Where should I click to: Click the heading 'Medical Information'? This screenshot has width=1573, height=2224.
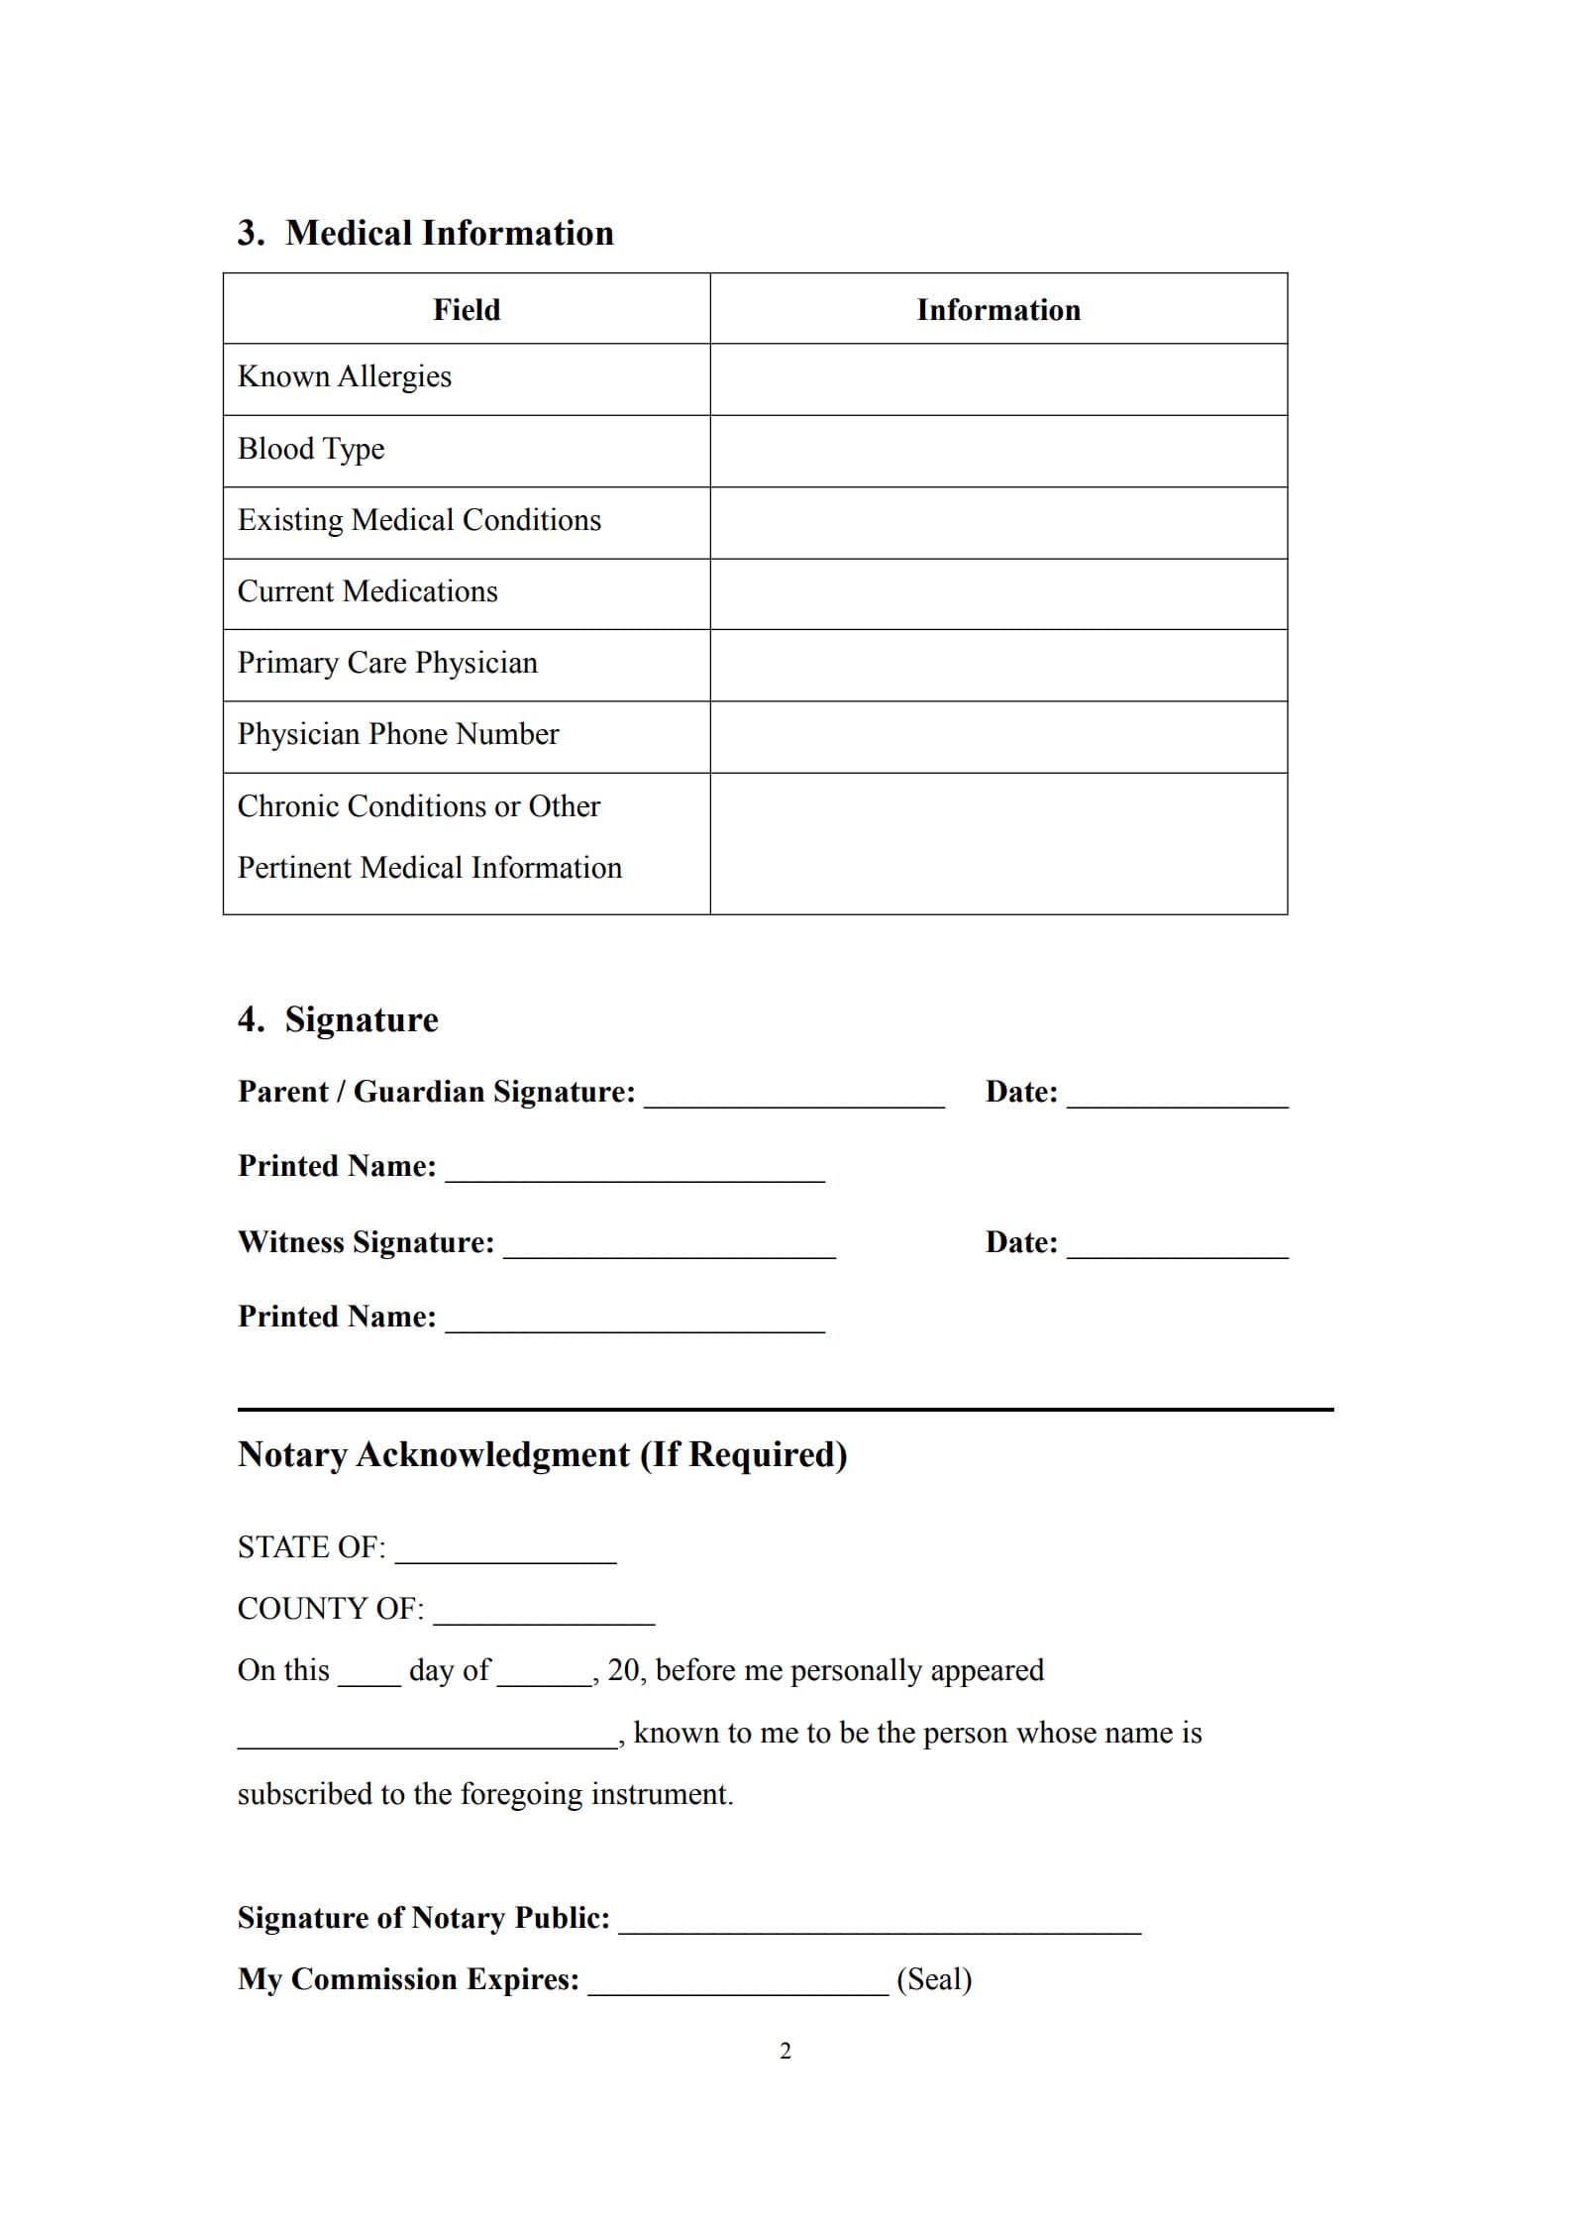(x=449, y=234)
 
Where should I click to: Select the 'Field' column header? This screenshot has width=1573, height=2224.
(x=467, y=310)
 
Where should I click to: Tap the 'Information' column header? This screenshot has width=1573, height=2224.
(x=998, y=310)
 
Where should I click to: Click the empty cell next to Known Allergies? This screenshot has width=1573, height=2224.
(x=998, y=379)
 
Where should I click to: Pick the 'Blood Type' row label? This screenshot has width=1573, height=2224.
(x=311, y=450)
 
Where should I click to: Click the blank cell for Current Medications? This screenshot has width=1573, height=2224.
(x=998, y=594)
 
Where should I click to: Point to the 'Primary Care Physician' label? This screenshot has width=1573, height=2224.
(x=387, y=664)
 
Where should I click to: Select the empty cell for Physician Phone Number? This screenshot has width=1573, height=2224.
(x=998, y=737)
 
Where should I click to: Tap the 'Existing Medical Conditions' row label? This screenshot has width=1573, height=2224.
(x=419, y=521)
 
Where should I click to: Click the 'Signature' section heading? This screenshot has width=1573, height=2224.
(x=361, y=1020)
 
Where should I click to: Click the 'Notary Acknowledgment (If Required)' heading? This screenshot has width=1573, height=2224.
(x=543, y=1455)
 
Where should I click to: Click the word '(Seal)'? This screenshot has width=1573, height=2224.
(x=934, y=1979)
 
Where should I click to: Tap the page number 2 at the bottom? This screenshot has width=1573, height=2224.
(x=786, y=2052)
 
